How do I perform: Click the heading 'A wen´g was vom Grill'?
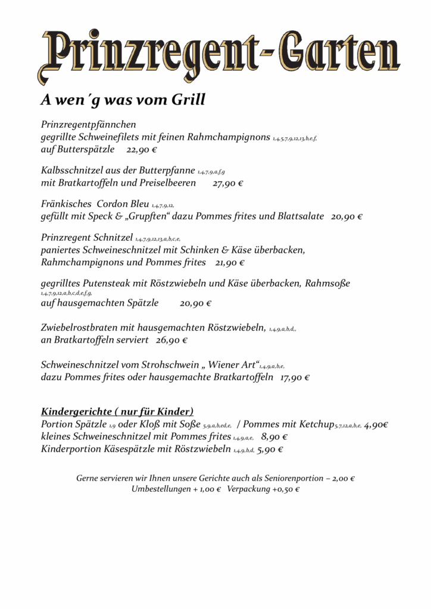(x=123, y=100)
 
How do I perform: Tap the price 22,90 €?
(x=141, y=149)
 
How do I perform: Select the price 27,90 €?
(x=227, y=183)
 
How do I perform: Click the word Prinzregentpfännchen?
(x=89, y=124)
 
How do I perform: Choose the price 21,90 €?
(x=230, y=262)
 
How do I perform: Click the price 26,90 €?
(x=171, y=341)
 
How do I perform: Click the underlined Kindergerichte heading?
(x=117, y=412)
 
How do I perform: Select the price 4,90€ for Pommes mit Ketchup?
(x=376, y=425)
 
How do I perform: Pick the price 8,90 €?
(x=274, y=437)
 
